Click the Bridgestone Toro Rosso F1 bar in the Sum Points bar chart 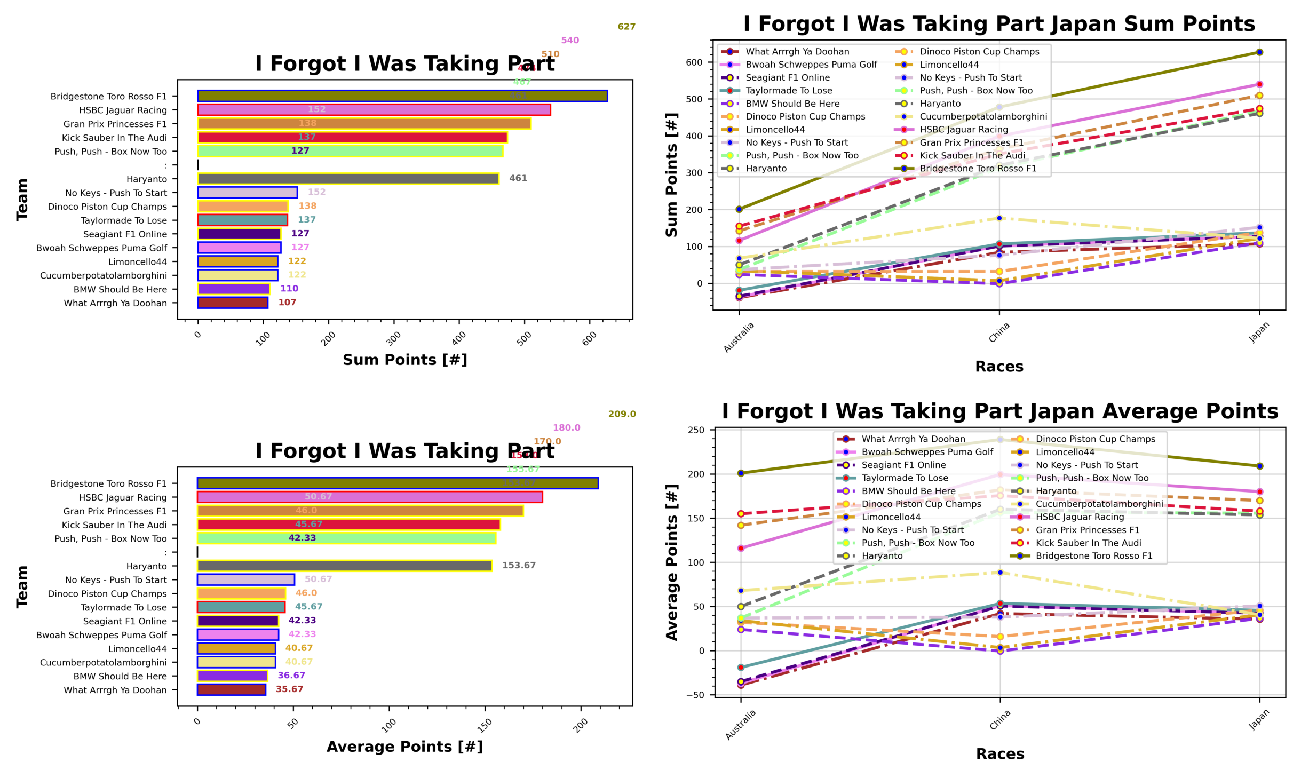tap(402, 96)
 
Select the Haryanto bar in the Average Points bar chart tap(344, 566)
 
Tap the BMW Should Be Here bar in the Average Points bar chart tap(232, 676)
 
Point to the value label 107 tap(287, 303)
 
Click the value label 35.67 tap(289, 689)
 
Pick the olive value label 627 tap(626, 27)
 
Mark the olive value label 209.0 tap(622, 414)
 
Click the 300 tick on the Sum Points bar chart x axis tap(394, 338)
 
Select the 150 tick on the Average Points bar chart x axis tap(485, 725)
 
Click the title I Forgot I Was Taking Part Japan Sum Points tap(998, 25)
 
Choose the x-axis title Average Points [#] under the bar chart tap(404, 747)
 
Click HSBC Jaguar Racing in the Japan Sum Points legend tap(963, 130)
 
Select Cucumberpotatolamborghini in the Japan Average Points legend tap(1099, 504)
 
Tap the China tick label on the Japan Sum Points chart tap(998, 333)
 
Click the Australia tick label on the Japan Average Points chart tap(740, 724)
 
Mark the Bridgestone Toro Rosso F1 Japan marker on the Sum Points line tap(1259, 52)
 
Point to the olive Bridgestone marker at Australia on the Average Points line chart tap(741, 473)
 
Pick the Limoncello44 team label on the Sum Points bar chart tap(137, 262)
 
